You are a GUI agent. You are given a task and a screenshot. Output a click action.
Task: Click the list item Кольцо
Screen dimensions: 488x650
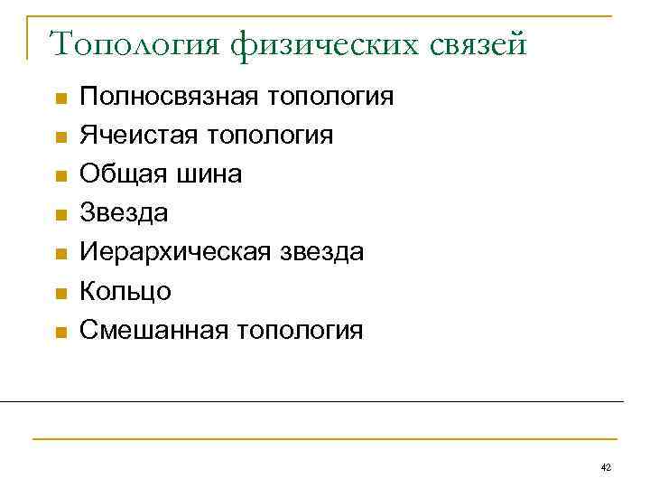(125, 291)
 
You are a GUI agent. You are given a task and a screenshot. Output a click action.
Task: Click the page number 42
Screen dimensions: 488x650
(606, 466)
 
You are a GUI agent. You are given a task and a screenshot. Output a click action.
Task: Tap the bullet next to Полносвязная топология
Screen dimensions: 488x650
(60, 98)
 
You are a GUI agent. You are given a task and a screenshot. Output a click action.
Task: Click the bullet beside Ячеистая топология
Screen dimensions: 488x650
(60, 136)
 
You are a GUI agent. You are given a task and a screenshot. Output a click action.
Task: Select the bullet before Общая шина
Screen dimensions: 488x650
(60, 175)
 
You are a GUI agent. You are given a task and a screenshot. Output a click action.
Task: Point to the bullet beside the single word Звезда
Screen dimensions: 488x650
(60, 214)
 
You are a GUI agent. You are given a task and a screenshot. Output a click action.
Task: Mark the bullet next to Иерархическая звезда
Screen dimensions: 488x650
(60, 253)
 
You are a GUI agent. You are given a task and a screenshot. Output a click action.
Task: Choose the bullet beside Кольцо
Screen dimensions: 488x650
(60, 292)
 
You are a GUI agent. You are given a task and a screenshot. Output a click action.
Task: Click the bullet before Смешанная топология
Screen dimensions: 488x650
(60, 331)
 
